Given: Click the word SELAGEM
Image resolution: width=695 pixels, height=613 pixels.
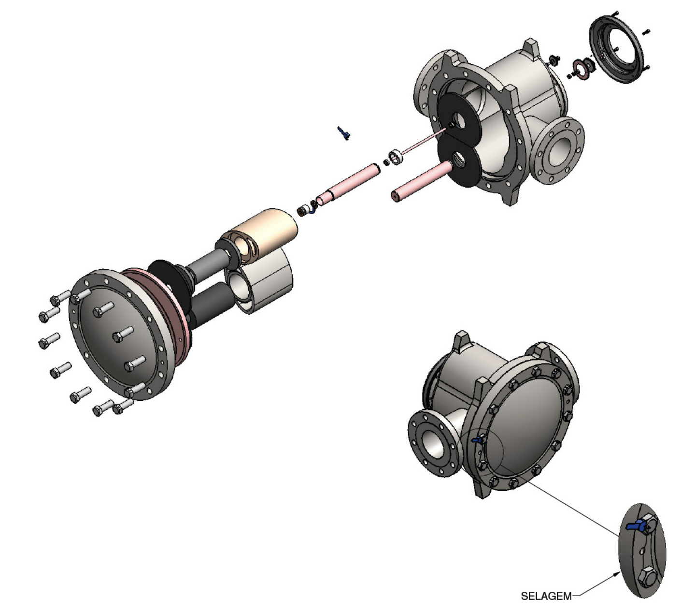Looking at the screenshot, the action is [x=546, y=596].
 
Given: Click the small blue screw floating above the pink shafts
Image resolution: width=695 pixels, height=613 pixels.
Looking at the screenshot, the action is [x=343, y=133].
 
